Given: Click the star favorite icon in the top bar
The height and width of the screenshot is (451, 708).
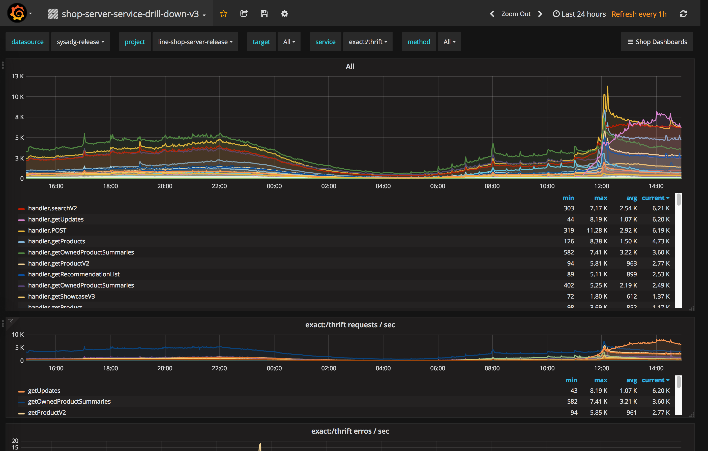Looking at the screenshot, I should (223, 14).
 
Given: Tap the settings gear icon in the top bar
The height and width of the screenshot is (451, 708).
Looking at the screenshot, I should (284, 14).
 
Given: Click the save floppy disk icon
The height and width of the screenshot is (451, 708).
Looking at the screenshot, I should (264, 14).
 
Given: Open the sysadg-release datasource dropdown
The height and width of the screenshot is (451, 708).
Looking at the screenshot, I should (80, 42).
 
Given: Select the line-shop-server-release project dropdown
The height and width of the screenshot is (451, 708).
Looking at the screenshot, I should (195, 42).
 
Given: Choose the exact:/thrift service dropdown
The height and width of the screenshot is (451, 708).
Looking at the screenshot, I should (368, 42).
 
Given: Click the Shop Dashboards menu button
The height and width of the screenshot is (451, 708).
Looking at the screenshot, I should (657, 42).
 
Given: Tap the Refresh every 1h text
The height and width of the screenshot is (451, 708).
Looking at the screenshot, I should (639, 14).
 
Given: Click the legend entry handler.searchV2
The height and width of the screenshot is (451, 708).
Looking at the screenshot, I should (52, 208).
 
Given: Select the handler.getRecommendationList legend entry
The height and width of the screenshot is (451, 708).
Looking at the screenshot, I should (74, 274).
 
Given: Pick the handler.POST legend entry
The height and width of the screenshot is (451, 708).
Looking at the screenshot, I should (47, 230).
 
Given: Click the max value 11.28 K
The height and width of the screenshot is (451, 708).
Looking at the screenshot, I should (597, 230).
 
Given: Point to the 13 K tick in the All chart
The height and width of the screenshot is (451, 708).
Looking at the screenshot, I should (18, 76).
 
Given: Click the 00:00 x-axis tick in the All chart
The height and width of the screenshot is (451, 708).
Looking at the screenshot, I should (274, 186).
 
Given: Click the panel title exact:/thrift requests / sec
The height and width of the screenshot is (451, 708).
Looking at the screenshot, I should (350, 325).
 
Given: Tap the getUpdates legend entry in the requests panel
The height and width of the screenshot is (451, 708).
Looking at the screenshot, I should (44, 391).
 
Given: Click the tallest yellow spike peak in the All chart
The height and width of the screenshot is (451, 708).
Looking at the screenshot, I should (607, 86).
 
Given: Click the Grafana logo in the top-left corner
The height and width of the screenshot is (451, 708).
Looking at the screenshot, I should (17, 13).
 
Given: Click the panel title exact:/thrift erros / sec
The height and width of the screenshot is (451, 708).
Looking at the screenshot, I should (350, 431).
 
